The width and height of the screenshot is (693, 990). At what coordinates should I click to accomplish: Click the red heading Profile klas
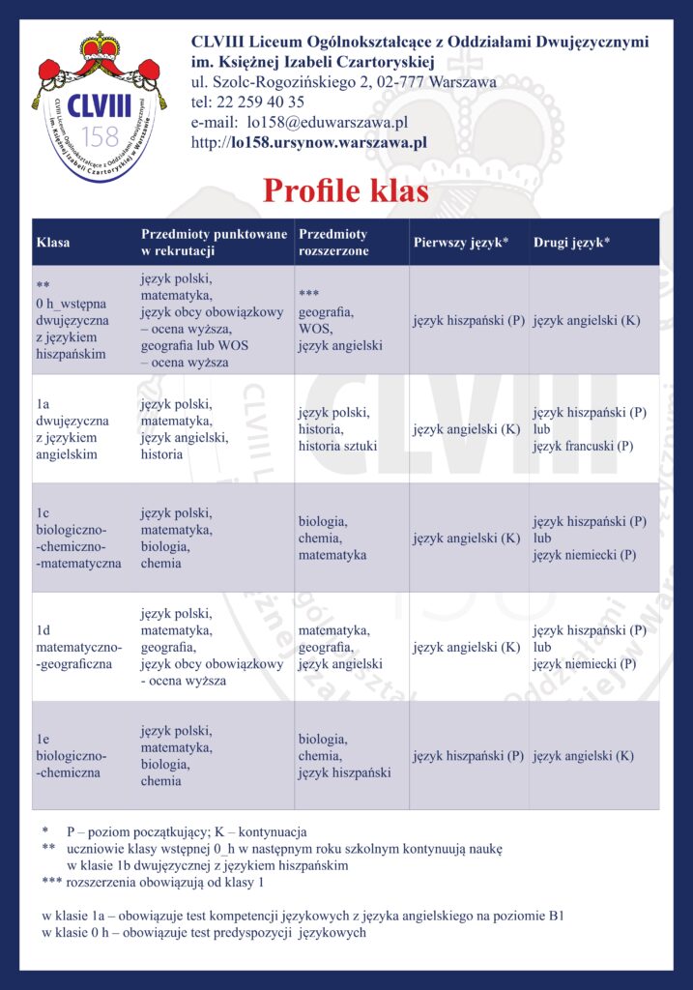coord(346,190)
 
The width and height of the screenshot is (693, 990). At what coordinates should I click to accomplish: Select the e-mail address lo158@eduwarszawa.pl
coord(327,123)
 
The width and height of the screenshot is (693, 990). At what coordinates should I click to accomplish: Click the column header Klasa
coord(53,243)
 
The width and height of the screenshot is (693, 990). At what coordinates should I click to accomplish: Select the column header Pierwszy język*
coord(461,243)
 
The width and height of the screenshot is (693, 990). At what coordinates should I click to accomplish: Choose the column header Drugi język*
coord(571,243)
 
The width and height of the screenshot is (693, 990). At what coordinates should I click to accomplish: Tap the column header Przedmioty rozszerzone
coord(333,243)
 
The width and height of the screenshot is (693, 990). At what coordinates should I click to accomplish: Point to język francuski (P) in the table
coord(584,447)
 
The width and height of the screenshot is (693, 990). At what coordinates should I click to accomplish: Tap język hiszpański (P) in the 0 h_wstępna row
coord(468,320)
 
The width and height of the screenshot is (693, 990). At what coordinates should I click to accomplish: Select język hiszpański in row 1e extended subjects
coord(345,773)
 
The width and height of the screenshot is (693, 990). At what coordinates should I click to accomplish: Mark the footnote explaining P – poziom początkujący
coord(187,831)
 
